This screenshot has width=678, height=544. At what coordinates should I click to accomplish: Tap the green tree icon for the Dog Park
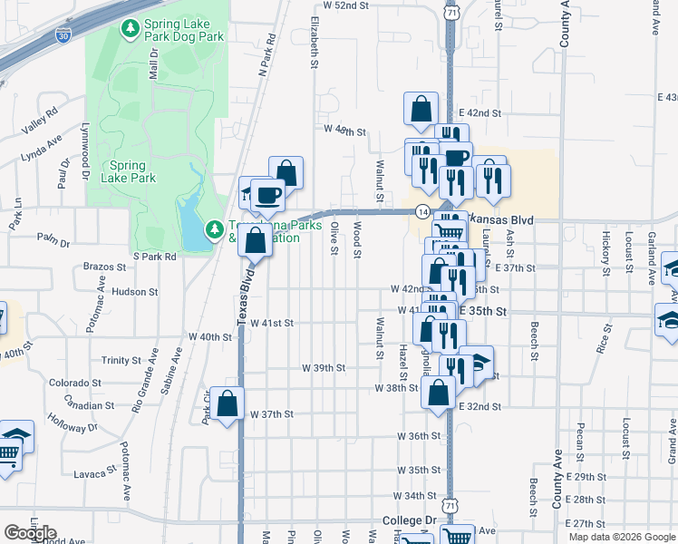[x=131, y=30]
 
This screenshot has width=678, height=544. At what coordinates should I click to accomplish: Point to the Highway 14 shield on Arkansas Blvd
[x=422, y=210]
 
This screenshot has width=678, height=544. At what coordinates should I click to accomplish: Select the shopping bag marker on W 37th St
[x=229, y=404]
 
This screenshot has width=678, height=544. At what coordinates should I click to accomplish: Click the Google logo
[x=30, y=533]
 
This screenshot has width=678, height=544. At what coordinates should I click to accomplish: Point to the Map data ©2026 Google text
[x=622, y=537]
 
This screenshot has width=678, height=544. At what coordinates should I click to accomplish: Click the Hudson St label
[x=135, y=292]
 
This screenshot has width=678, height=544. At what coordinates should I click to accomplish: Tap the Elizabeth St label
[x=315, y=41]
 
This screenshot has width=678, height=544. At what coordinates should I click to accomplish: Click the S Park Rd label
[x=154, y=257]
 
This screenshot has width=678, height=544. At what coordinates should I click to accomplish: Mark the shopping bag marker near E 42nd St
[x=421, y=109]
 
